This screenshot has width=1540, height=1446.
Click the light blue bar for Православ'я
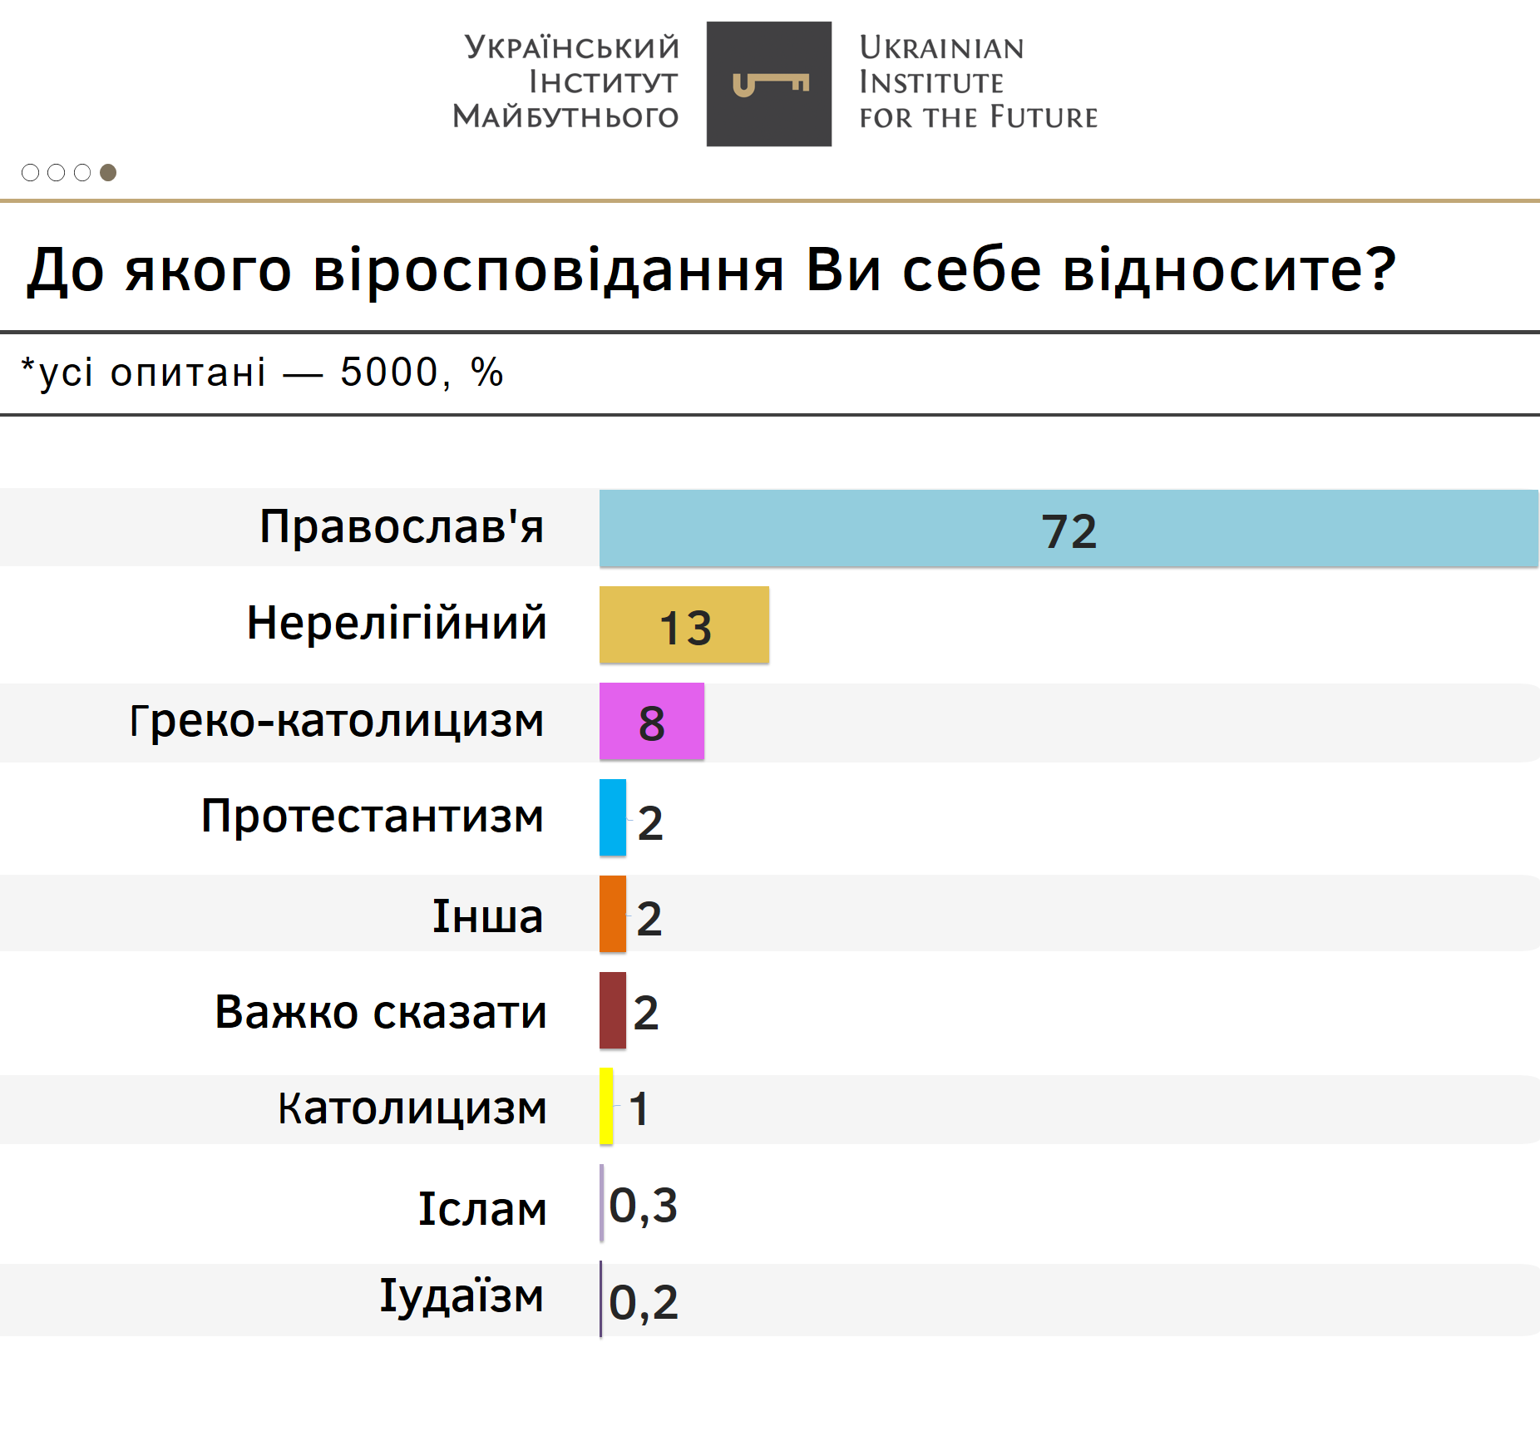coord(832,529)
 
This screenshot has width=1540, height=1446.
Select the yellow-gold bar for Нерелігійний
coord(632,625)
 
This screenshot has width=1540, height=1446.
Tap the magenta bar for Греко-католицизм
coord(615,722)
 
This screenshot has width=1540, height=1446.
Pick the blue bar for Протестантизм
coord(613,817)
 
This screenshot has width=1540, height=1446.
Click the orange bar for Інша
coord(613,914)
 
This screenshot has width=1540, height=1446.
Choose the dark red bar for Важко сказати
coord(613,1010)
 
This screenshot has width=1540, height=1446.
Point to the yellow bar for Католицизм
coord(607,1106)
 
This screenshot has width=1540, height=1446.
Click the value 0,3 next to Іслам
coord(644,1206)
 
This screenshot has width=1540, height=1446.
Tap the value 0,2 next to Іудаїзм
coord(644,1302)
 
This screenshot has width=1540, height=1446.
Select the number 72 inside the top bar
coord(1069,531)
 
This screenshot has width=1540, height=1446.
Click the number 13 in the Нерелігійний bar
coord(686,628)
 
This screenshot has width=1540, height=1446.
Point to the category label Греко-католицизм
coord(337,721)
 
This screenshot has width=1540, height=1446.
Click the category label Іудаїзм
coord(462,1296)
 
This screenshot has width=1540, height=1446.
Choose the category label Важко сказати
coord(381,1012)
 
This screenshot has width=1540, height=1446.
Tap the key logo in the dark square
coord(769,84)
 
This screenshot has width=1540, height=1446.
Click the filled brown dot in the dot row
coord(108,172)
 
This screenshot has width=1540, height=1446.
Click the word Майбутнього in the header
coord(566,116)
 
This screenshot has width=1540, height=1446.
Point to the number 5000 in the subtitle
coord(389,372)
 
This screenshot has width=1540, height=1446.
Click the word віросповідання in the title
coord(549,270)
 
